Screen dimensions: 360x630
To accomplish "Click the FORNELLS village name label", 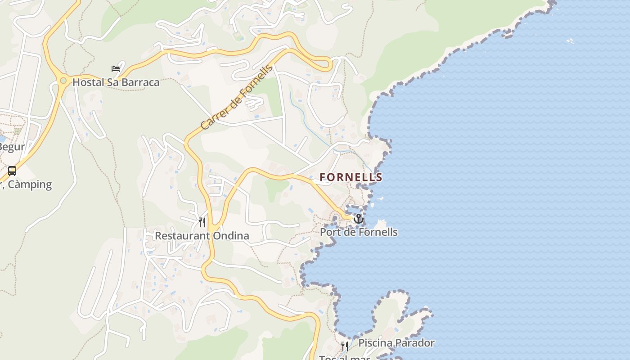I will pyautogui.click(x=351, y=177).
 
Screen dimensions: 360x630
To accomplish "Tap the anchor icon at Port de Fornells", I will pyautogui.click(x=358, y=219).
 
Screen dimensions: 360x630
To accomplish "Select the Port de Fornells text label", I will pyautogui.click(x=359, y=232).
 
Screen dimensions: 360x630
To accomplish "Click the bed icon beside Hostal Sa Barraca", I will pyautogui.click(x=116, y=69).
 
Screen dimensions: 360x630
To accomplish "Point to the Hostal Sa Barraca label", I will pyautogui.click(x=116, y=82).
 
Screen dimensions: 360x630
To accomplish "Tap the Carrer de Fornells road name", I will pyautogui.click(x=237, y=98).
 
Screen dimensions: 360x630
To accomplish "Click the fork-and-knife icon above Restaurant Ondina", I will pyautogui.click(x=202, y=222).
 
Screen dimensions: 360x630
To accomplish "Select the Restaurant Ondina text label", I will pyautogui.click(x=202, y=236).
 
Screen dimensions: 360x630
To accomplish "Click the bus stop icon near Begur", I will pyautogui.click(x=12, y=171).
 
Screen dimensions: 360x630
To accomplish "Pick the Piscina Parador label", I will pyautogui.click(x=396, y=343).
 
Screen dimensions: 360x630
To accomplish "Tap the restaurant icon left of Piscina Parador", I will pyautogui.click(x=345, y=346).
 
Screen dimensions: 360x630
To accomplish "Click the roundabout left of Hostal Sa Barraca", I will pyautogui.click(x=63, y=81).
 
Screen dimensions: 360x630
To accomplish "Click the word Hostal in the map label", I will pyautogui.click(x=88, y=82).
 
